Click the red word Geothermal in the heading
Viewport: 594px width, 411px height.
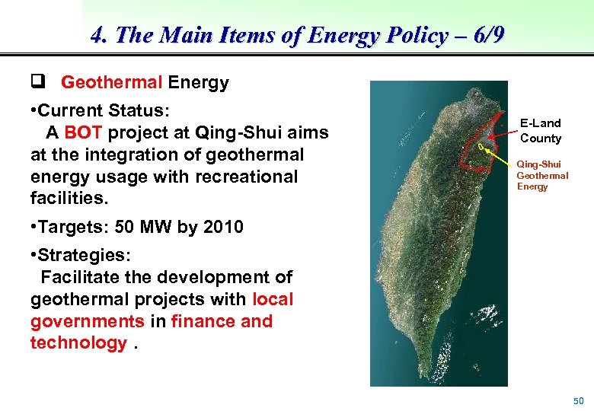pyautogui.click(x=111, y=82)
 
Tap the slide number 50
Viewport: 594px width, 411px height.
pyautogui.click(x=578, y=400)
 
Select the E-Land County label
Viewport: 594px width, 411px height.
pyautogui.click(x=540, y=130)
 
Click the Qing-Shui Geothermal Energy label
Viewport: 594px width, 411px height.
pyautogui.click(x=542, y=175)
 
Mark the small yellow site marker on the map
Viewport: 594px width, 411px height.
pyautogui.click(x=481, y=146)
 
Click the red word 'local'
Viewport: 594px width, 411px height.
pyautogui.click(x=272, y=299)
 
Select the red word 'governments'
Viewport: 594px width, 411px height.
pyautogui.click(x=88, y=321)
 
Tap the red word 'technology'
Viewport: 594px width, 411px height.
pyautogui.click(x=78, y=342)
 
